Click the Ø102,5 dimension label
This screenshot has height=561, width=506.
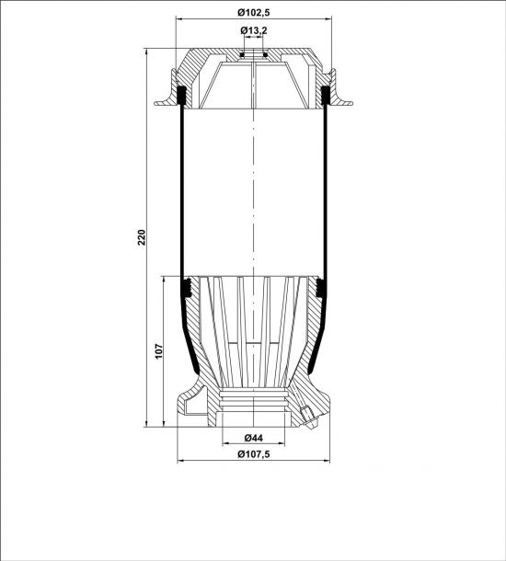point(253,13)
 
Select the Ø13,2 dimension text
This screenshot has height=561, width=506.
point(253,30)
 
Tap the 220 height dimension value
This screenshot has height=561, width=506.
point(142,237)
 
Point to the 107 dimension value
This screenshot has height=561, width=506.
point(159,351)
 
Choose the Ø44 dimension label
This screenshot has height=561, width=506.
point(253,438)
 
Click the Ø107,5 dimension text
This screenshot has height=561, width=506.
point(253,454)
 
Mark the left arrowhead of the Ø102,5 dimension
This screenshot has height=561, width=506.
point(179,19)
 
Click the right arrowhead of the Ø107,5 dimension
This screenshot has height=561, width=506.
point(326,461)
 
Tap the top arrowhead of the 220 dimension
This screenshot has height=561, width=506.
point(146,52)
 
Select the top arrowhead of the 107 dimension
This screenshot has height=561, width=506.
point(163,280)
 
